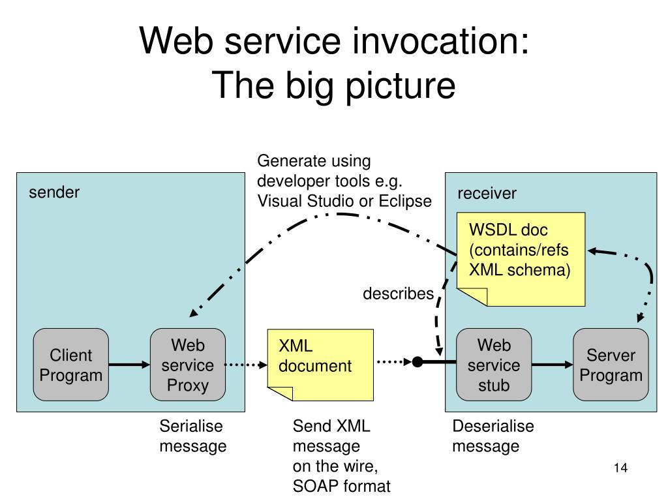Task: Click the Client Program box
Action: (x=70, y=365)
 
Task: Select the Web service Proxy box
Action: (x=188, y=365)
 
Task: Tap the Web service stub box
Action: (x=494, y=365)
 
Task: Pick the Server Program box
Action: (x=611, y=365)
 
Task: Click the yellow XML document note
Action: (x=320, y=365)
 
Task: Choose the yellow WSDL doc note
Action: (x=521, y=259)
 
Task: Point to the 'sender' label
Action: (x=54, y=192)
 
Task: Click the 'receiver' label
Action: (x=487, y=193)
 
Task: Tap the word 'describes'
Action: (x=399, y=294)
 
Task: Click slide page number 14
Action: (x=621, y=468)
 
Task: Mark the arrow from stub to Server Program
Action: (x=553, y=365)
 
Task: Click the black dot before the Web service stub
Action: (x=417, y=362)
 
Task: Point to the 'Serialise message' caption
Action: (x=193, y=436)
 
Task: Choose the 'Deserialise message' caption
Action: (x=493, y=436)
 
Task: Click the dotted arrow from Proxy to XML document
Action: (x=246, y=365)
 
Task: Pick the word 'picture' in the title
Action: (x=401, y=87)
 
